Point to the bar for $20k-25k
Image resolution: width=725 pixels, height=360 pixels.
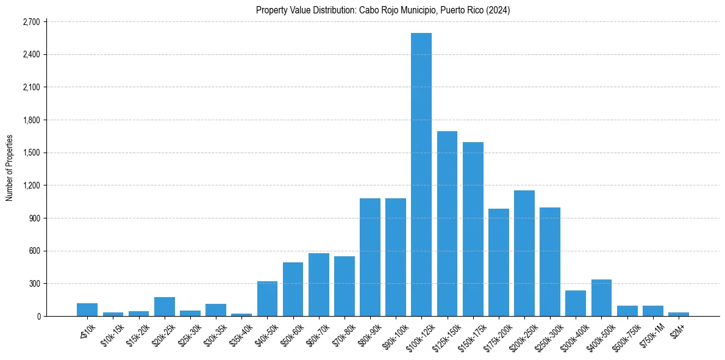(165, 307)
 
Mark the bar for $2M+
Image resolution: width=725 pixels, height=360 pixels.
(678, 314)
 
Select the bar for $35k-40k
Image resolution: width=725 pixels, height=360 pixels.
(241, 315)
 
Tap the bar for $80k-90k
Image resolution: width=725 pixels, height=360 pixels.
(370, 257)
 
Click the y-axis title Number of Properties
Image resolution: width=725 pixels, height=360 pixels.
(9, 168)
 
